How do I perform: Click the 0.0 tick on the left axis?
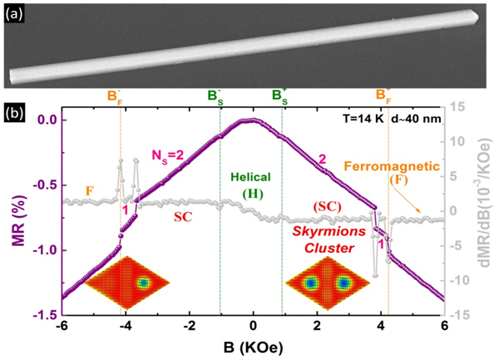coord(45,120)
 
